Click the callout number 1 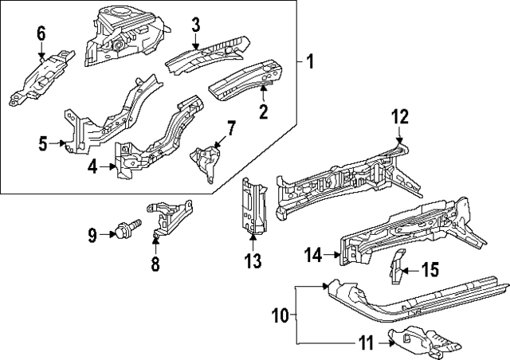311,61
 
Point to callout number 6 41,33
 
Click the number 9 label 92,234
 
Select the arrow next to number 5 61,144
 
